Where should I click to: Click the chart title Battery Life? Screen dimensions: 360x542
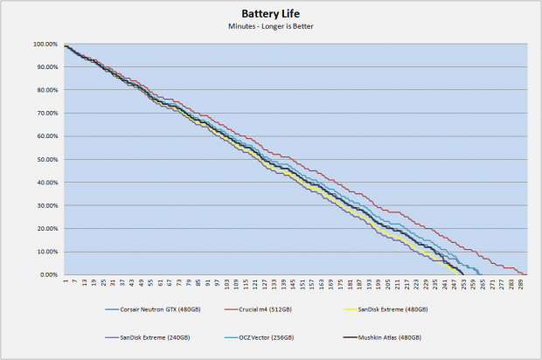pos(272,14)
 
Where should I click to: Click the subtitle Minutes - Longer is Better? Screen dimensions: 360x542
pos(272,27)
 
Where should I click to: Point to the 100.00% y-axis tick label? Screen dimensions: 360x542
pos(45,44)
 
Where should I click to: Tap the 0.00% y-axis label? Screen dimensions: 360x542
pos(49,274)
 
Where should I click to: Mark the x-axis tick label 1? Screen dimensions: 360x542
pos(66,282)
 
